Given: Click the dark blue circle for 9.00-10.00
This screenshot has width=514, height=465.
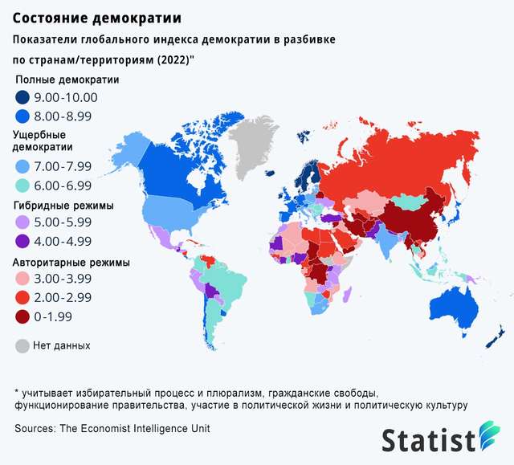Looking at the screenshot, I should (22, 98).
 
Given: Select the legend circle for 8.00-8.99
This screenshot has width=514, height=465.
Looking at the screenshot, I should (22, 116).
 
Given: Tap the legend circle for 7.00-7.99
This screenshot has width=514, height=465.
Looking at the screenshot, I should (22, 166).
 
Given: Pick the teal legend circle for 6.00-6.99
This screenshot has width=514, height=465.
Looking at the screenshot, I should (22, 185).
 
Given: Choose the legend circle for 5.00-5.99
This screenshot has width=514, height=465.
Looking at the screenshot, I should (22, 222).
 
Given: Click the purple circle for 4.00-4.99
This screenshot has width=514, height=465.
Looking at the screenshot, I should (22, 241).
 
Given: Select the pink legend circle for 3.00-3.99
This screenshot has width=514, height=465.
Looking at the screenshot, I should (22, 279).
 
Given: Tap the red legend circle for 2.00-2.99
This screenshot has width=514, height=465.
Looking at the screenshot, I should (22, 298).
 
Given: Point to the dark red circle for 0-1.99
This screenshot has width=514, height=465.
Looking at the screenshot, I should (22, 316).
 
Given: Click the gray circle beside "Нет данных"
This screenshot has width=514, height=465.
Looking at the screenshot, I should (22, 346).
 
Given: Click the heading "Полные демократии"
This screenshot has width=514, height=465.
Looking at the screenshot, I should (67, 80).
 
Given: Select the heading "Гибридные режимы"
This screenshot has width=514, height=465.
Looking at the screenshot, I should (64, 205).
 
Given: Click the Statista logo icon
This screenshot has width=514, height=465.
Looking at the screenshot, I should (488, 439).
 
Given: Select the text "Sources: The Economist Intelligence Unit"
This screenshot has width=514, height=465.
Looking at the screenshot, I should (112, 429).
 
